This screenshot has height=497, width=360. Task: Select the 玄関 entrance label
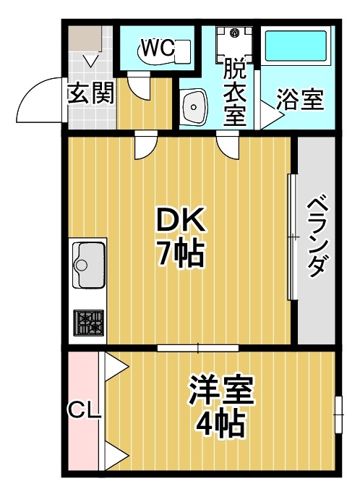tap(91, 94)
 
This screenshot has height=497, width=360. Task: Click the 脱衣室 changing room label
tap(233, 93)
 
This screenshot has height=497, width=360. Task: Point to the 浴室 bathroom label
tap(300, 101)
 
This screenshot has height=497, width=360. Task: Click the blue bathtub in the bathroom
tap(296, 47)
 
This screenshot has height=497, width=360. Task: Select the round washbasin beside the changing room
tap(194, 109)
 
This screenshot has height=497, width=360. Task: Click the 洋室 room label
tap(220, 392)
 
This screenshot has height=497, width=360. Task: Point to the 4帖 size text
tap(220, 425)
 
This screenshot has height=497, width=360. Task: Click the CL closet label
tap(84, 410)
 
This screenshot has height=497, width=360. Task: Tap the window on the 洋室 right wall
tap(338, 415)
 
